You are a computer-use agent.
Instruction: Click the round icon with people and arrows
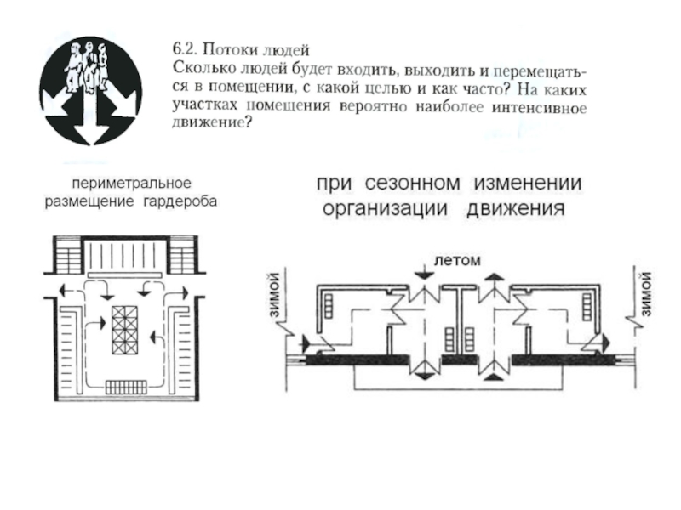click(90, 91)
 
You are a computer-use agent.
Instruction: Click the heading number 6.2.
click(185, 48)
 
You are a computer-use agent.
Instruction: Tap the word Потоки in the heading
click(230, 49)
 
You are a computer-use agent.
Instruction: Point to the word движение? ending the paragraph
click(212, 122)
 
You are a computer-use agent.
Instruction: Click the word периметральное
click(131, 184)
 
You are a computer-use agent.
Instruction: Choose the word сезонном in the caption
click(412, 183)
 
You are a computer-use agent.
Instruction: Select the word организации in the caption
click(385, 209)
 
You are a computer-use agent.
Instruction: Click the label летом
click(457, 261)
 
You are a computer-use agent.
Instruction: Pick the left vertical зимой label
click(274, 294)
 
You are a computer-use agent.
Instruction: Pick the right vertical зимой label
click(646, 294)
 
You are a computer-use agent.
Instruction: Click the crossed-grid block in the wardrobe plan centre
click(125, 330)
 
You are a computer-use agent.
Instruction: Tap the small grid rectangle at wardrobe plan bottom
click(126, 387)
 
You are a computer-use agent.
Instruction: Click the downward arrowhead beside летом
click(424, 274)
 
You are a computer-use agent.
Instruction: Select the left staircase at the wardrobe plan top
click(68, 257)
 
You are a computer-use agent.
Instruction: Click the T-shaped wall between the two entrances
click(459, 318)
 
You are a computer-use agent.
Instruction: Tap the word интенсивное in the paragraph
click(539, 108)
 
